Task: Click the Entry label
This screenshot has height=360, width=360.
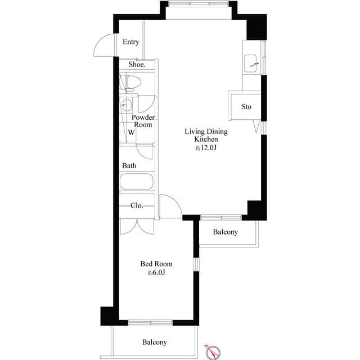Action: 131,42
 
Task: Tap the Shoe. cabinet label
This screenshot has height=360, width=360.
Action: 137,65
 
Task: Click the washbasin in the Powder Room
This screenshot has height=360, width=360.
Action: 127,105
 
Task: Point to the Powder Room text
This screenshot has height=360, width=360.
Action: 143,121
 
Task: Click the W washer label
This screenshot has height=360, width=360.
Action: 130,133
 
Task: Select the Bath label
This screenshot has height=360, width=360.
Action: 129,166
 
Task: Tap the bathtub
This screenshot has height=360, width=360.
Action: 136,183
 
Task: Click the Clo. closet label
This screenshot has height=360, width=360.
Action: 137,205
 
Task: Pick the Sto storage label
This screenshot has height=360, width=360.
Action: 246,107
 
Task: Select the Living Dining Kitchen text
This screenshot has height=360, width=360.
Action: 206,135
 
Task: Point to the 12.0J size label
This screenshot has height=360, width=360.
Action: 206,148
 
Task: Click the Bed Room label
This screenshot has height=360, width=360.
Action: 156,263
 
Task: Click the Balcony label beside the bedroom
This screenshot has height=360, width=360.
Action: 226,232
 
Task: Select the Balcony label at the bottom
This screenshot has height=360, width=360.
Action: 154,342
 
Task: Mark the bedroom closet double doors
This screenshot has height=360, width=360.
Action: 136,226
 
